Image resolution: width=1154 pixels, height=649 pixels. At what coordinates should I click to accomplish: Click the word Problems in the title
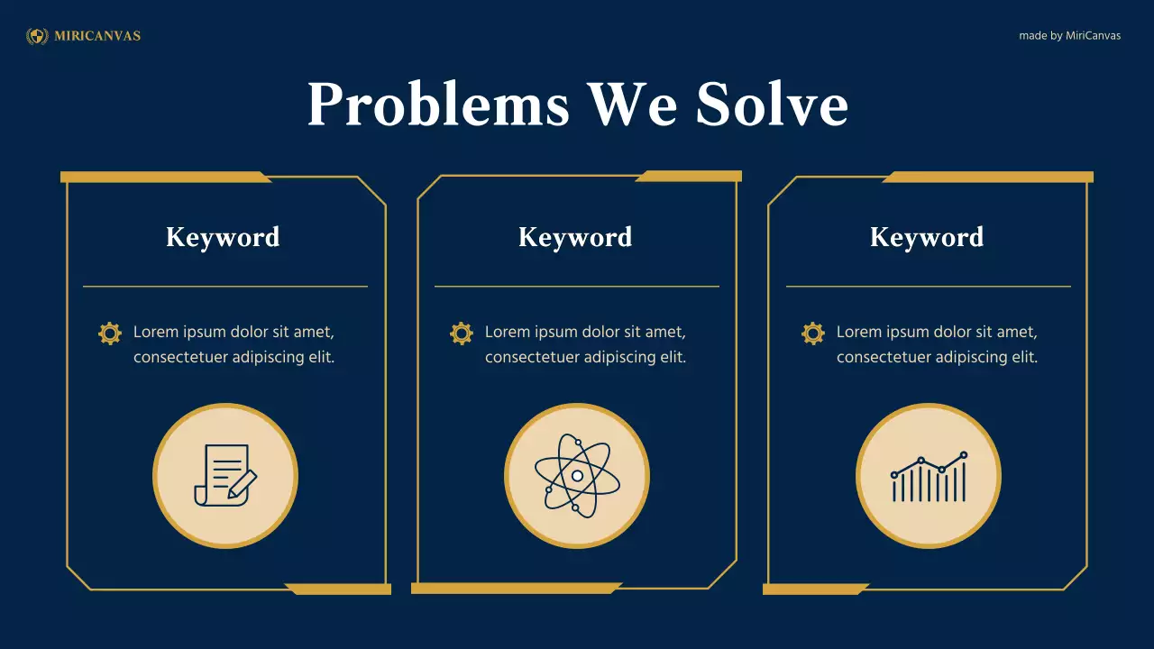[438, 104]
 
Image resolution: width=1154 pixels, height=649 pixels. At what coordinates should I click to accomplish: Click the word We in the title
[632, 104]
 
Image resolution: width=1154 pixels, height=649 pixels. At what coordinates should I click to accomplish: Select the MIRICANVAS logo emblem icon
[38, 36]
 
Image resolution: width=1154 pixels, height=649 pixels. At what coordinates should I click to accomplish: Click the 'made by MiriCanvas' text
[1069, 36]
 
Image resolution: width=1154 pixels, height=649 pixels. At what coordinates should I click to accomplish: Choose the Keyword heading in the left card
[223, 237]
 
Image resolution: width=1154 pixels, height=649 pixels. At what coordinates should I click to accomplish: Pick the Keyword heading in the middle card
[575, 237]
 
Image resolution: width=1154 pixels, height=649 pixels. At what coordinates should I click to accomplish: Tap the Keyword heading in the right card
[927, 237]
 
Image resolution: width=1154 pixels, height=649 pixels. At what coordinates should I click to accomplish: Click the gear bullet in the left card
[110, 334]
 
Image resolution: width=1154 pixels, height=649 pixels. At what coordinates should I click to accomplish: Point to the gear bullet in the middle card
[462, 334]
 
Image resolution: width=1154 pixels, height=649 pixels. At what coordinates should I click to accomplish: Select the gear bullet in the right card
[813, 334]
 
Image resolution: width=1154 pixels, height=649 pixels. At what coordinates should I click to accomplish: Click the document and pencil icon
[225, 475]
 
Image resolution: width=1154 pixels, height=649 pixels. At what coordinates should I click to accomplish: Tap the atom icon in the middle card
[577, 475]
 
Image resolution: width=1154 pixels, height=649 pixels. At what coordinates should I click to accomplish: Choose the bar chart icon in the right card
[929, 477]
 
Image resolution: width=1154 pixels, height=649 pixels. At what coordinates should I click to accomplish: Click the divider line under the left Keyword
[225, 287]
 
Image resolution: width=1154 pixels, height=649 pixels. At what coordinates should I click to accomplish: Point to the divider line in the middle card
[577, 287]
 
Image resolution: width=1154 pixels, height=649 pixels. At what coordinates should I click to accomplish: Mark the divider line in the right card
[929, 287]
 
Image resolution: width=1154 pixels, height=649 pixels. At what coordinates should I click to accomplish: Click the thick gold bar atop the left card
[162, 177]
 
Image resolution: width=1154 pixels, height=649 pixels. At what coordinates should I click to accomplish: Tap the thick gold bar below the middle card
[514, 589]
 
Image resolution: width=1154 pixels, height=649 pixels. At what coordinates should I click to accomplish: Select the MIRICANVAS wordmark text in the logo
[97, 36]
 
